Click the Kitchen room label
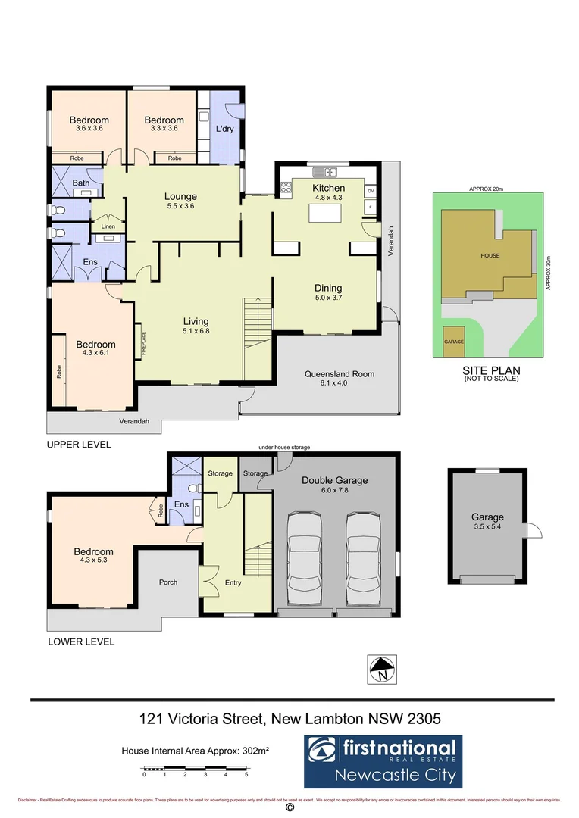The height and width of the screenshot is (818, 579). pyautogui.click(x=328, y=188)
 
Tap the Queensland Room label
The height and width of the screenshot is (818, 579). pyautogui.click(x=340, y=373)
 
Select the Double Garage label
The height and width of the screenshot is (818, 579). pyautogui.click(x=334, y=480)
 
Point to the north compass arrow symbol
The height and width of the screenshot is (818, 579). pyautogui.click(x=382, y=669)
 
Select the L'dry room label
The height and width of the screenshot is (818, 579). pyautogui.click(x=224, y=130)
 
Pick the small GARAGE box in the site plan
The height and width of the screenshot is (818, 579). pyautogui.click(x=453, y=342)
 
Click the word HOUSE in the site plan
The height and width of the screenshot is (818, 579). pyautogui.click(x=490, y=255)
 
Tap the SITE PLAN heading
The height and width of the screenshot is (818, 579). pyautogui.click(x=490, y=370)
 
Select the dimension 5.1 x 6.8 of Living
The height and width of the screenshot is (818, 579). pyautogui.click(x=196, y=330)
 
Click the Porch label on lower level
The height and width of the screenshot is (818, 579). pyautogui.click(x=167, y=582)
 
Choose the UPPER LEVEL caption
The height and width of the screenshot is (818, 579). pyautogui.click(x=79, y=445)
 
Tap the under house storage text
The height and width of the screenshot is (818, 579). pyautogui.click(x=283, y=448)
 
